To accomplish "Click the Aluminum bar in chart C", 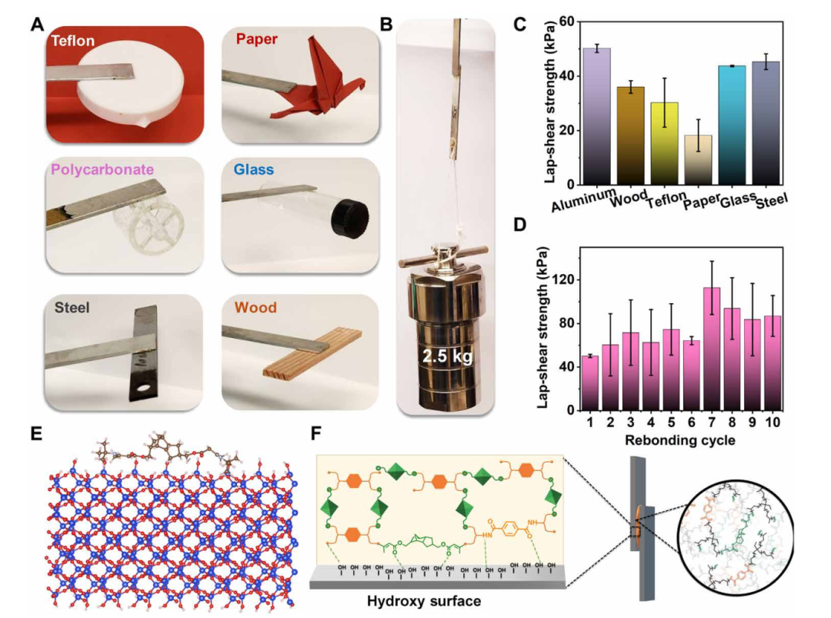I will tap(596, 116).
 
